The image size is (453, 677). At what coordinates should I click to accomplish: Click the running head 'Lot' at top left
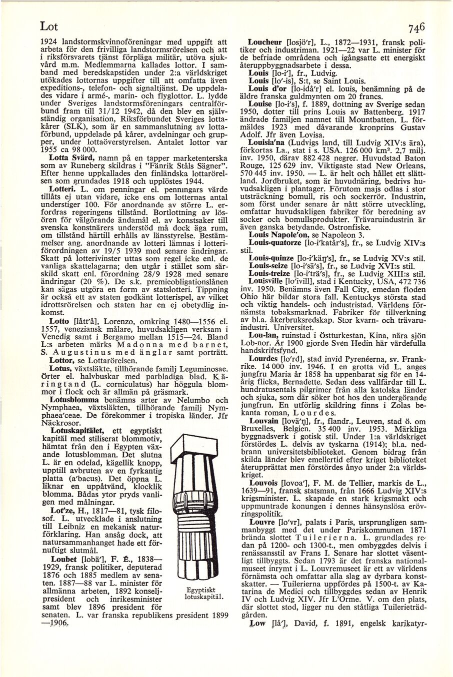pyautogui.click(x=37, y=25)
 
